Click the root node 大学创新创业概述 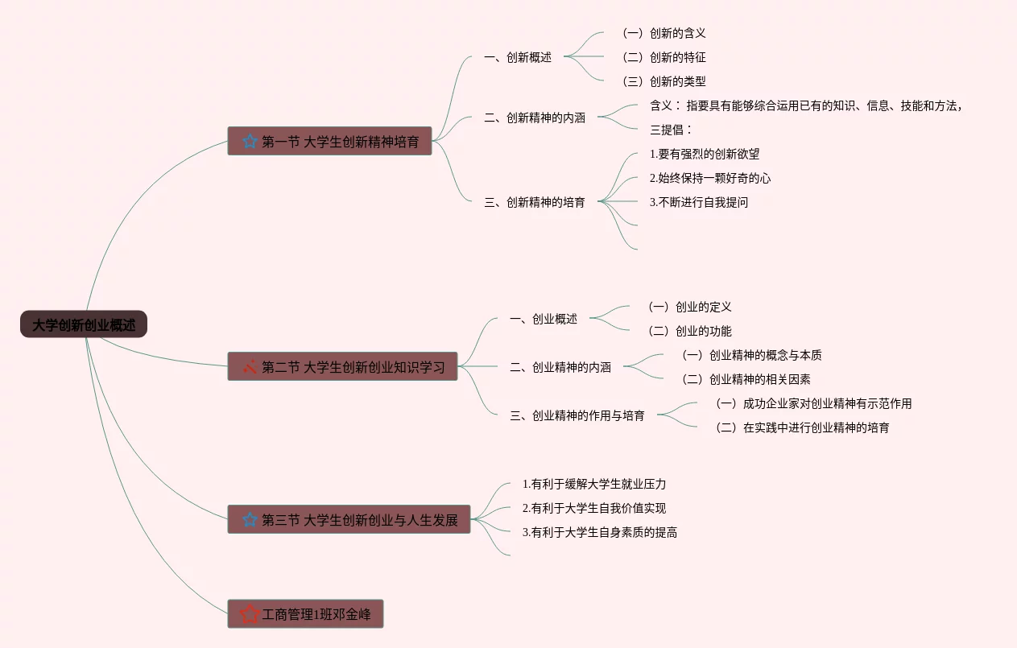(x=84, y=324)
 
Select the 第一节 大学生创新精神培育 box (x=329, y=141)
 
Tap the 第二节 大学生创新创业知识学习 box (x=342, y=366)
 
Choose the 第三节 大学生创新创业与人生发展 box (x=349, y=519)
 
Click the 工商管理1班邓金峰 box (x=305, y=614)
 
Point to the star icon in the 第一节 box (x=250, y=142)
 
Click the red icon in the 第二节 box (x=250, y=367)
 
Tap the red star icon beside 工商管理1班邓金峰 (x=250, y=614)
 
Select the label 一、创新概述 (x=518, y=57)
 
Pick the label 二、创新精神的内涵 (x=535, y=118)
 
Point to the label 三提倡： (x=671, y=130)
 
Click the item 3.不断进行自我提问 (x=699, y=202)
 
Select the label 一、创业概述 (x=544, y=319)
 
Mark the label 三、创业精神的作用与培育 (x=577, y=415)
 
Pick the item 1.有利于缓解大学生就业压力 (x=594, y=484)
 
